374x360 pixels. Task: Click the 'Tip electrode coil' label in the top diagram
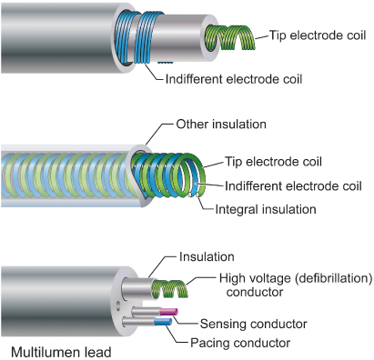coord(318,35)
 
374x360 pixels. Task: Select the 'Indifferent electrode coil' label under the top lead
coord(234,79)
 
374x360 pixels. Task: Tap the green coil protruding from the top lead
coord(229,37)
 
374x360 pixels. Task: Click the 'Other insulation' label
coord(221,125)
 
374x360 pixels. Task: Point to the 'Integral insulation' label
coord(266,209)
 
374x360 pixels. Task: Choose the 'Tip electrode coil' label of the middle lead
coord(273,162)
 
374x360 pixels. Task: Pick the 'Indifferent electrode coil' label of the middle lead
coord(293,185)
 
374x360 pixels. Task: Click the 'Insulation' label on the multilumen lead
coord(207,256)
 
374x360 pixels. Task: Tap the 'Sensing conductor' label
coord(254,324)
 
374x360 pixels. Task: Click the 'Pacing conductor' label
coord(240,343)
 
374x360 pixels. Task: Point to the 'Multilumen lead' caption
coord(61,353)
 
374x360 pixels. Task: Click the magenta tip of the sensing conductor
coord(169,312)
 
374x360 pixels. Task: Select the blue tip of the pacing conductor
coord(163,322)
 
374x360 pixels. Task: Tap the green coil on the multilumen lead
coord(170,289)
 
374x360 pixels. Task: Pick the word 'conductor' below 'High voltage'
coord(255,292)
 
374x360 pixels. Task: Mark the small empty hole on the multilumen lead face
coord(118,305)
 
